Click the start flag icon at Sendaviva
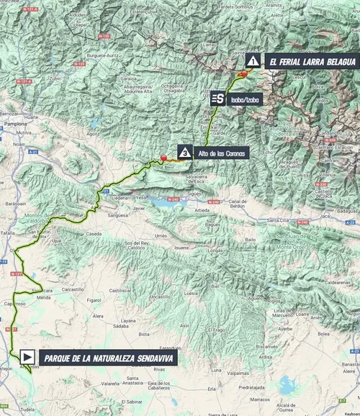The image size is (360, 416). pos(27,356)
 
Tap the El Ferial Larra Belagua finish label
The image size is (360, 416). pos(310,62)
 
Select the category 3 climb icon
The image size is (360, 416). pos(185,153)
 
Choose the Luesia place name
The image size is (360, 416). pos(192,294)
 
